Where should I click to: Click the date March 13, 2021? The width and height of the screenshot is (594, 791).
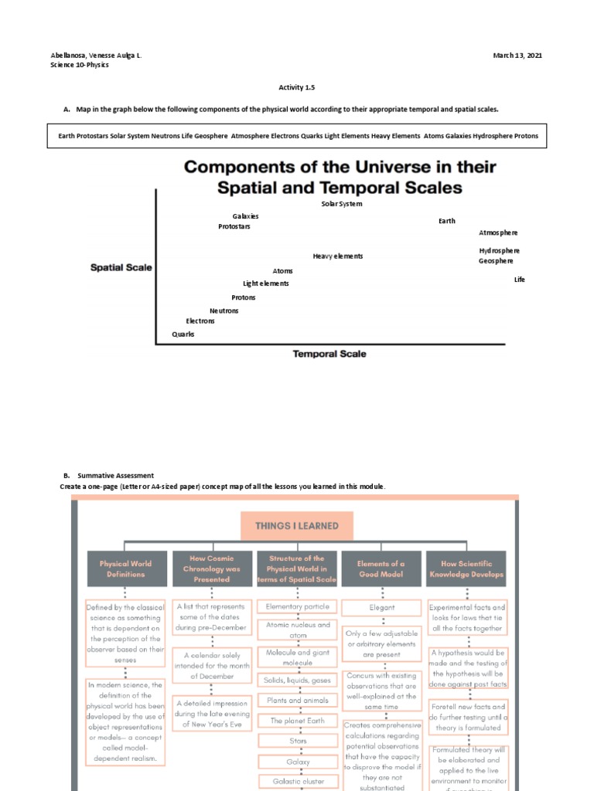coord(517,56)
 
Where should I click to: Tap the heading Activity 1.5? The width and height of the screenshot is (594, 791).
coord(297,88)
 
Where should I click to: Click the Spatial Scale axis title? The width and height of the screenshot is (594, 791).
coord(121,268)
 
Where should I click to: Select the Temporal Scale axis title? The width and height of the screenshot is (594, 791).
coord(329,354)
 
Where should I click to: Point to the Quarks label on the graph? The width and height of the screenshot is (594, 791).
coord(183,334)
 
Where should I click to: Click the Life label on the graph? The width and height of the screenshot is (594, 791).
coord(519,280)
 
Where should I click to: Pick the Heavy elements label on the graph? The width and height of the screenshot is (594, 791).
coord(337,256)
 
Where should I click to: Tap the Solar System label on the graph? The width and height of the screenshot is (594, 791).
coord(342,204)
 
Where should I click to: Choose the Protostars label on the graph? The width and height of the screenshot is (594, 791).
coord(234,226)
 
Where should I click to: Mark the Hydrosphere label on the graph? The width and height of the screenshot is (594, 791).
coord(499,250)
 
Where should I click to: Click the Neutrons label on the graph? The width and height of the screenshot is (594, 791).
coord(224,311)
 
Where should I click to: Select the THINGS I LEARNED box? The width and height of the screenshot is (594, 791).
coord(297,526)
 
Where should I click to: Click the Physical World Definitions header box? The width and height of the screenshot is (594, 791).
coord(125,569)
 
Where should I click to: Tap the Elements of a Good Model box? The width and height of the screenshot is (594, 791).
coord(381,569)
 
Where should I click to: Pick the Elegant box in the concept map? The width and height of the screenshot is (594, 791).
coord(381,608)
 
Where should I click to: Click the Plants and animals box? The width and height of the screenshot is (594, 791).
coord(299,701)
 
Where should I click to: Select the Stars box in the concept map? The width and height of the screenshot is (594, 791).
coord(299,742)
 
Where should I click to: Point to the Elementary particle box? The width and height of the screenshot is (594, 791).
coord(299,607)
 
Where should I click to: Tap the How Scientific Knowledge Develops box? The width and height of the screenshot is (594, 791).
coord(466,569)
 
